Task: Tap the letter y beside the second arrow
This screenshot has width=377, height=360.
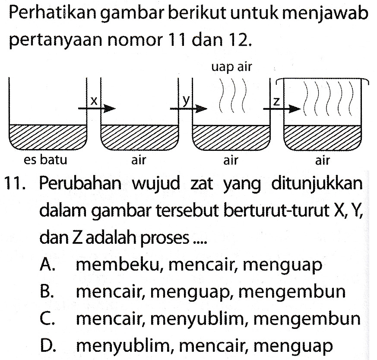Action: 186,100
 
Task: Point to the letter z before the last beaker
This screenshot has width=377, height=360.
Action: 277,103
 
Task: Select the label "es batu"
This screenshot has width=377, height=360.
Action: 45,160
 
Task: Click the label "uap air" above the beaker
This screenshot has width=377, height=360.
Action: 231,67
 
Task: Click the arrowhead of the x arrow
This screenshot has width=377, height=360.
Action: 110,109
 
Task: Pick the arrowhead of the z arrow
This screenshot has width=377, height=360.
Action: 295,109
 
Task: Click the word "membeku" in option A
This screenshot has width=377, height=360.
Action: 118,265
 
